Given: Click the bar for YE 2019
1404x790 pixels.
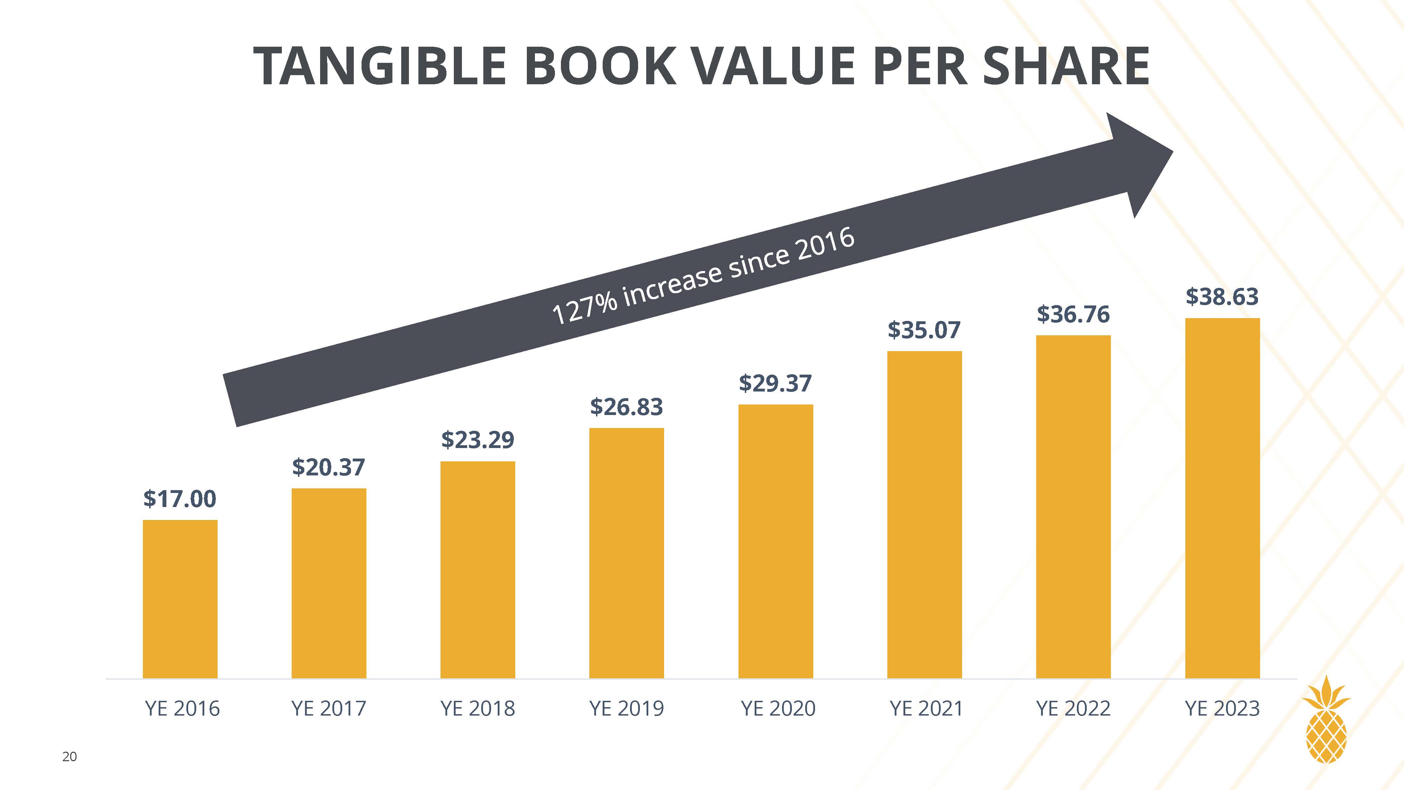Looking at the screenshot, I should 626,553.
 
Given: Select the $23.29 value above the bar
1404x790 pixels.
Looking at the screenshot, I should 477,440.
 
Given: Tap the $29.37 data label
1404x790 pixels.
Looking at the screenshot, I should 775,383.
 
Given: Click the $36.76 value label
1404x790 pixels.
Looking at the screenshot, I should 1073,314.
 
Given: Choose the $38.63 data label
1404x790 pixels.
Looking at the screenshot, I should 1222,297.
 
